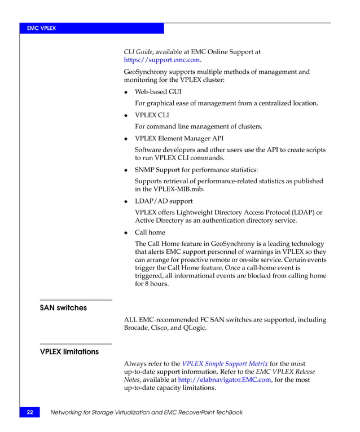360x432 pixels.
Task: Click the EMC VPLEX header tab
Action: point(43,28)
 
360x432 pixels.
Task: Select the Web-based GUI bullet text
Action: point(158,91)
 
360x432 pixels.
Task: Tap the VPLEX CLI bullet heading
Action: point(151,115)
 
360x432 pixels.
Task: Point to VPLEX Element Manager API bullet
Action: point(178,138)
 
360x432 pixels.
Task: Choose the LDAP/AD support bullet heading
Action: point(164,201)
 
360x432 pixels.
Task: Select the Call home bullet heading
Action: point(150,232)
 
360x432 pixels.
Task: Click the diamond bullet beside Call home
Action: point(126,232)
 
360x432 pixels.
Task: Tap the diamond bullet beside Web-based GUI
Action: point(126,92)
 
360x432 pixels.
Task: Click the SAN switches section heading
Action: point(63,308)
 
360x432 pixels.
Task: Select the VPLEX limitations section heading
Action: point(69,352)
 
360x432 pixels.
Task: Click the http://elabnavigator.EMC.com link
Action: point(224,380)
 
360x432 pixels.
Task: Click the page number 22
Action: point(29,412)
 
